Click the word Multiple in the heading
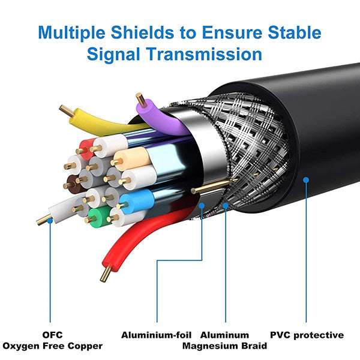pos(71,32)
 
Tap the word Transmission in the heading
pos(204,54)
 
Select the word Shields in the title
pos(142,32)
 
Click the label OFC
pos(52,335)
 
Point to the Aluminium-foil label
pos(156,335)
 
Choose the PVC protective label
pos(307,335)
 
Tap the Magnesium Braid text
pos(224,346)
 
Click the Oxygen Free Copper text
pos(52,346)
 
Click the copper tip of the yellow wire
pos(67,111)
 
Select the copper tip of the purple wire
pos(141,100)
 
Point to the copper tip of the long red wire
pos(106,274)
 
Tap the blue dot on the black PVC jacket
pos(306,180)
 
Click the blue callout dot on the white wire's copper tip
pos(50,221)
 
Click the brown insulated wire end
pos(74,184)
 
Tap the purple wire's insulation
pos(161,118)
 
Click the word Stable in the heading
pos(295,32)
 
